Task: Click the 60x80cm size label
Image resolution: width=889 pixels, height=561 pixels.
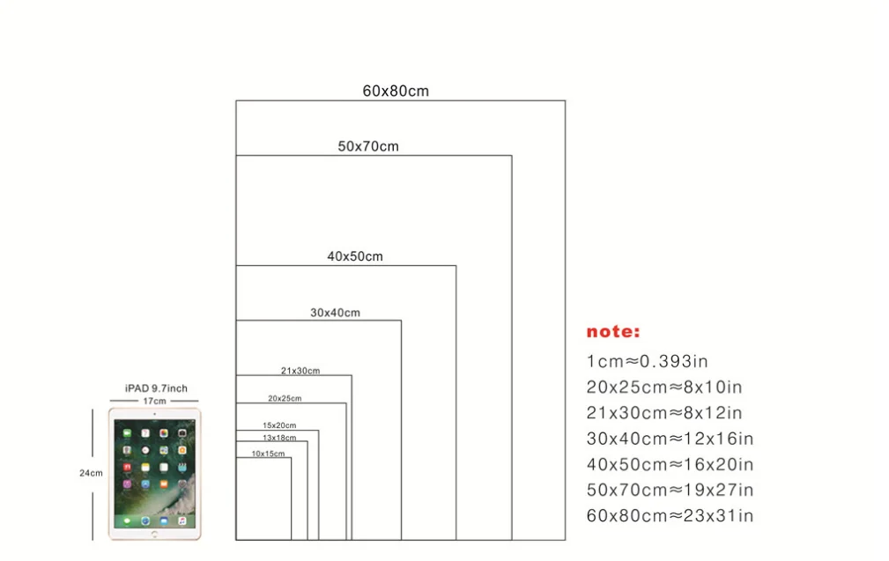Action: [x=396, y=91]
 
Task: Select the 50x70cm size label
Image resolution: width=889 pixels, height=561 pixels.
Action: [x=368, y=146]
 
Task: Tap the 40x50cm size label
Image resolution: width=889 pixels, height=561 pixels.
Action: [x=355, y=256]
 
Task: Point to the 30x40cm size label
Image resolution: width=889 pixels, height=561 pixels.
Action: [x=335, y=313]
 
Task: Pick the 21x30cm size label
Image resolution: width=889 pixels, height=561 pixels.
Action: [x=300, y=371]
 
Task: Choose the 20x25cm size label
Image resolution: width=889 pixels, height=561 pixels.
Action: [x=285, y=398]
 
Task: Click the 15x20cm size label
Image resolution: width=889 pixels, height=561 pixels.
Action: [x=279, y=425]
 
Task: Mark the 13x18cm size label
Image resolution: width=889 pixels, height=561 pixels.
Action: [x=279, y=437]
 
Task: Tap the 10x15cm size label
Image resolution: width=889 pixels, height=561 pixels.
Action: [x=268, y=454]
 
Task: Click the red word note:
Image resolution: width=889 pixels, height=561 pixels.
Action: [x=613, y=332]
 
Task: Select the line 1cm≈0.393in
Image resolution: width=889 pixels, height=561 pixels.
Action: [x=647, y=360]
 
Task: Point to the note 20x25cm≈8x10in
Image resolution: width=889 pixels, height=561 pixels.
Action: [x=664, y=387]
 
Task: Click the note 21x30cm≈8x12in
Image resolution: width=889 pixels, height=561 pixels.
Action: [x=664, y=412]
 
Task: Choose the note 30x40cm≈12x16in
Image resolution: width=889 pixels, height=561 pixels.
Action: [x=670, y=439]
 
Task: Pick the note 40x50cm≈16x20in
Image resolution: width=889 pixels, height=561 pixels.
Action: [x=670, y=464]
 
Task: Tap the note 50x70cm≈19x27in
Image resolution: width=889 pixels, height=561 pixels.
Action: [x=670, y=490]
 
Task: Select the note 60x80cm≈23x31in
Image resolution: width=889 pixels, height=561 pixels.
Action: [x=670, y=515]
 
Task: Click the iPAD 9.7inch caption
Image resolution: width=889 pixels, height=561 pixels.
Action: [x=156, y=388]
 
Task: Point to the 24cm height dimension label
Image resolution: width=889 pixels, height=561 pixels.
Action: [x=91, y=473]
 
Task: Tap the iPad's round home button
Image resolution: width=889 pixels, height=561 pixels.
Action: [x=154, y=533]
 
